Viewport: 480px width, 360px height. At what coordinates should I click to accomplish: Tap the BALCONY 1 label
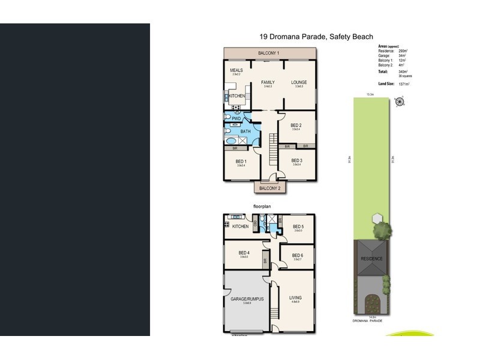click(269, 53)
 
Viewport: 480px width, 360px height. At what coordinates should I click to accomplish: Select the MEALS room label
click(236, 70)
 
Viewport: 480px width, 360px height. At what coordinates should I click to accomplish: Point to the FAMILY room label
click(267, 82)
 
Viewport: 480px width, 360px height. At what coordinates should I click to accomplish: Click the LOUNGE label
click(299, 82)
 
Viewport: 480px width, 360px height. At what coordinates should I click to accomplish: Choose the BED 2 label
click(295, 125)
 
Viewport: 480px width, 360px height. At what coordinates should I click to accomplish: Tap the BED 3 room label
click(296, 160)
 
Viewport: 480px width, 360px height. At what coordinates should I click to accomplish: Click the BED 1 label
click(241, 162)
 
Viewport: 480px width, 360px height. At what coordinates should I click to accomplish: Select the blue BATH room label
click(245, 131)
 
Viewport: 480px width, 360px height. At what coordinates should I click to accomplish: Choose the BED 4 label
click(244, 253)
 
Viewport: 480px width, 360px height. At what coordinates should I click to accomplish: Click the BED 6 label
click(298, 256)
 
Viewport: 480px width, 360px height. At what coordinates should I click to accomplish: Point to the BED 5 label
click(298, 226)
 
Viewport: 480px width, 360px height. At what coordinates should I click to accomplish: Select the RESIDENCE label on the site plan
click(371, 259)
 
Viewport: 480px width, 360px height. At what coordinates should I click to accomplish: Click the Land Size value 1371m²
click(403, 85)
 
